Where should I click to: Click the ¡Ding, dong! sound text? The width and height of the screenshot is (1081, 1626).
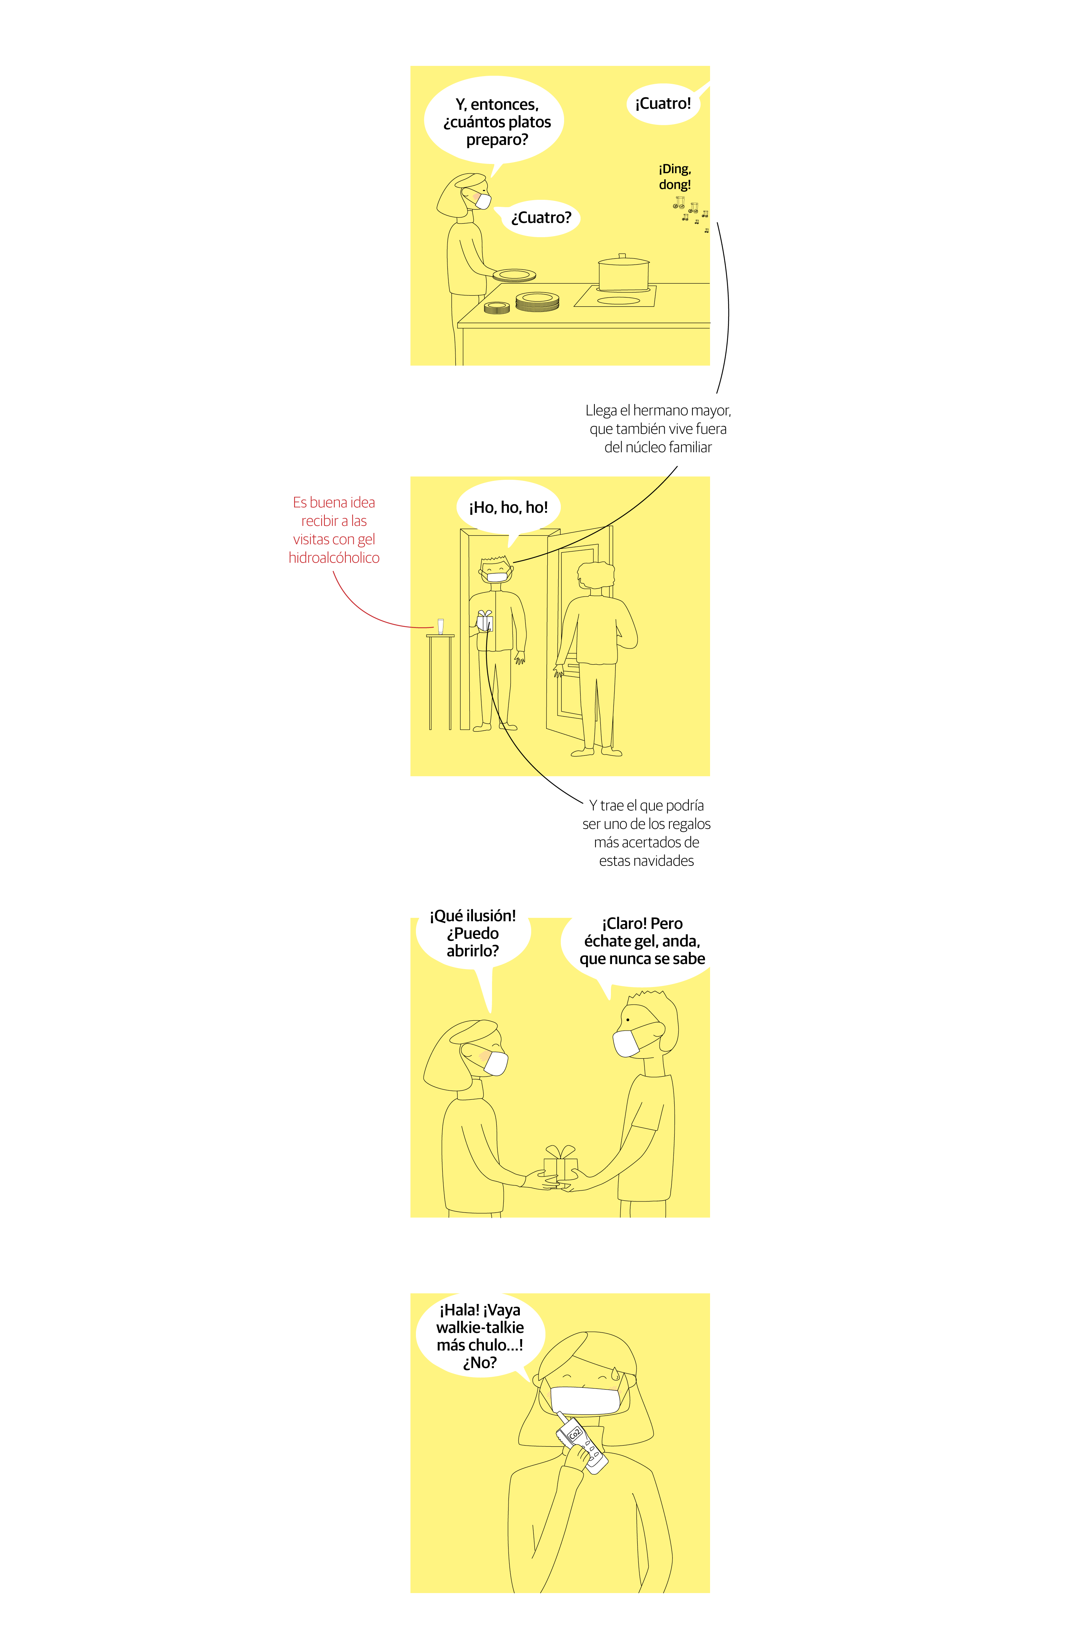point(675,176)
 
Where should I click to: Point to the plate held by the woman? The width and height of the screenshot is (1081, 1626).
point(514,275)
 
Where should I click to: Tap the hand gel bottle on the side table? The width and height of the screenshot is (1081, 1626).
point(440,626)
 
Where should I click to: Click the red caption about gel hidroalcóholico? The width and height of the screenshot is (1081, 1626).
point(334,530)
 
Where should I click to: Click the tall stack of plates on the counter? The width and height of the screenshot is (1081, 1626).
point(537,301)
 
